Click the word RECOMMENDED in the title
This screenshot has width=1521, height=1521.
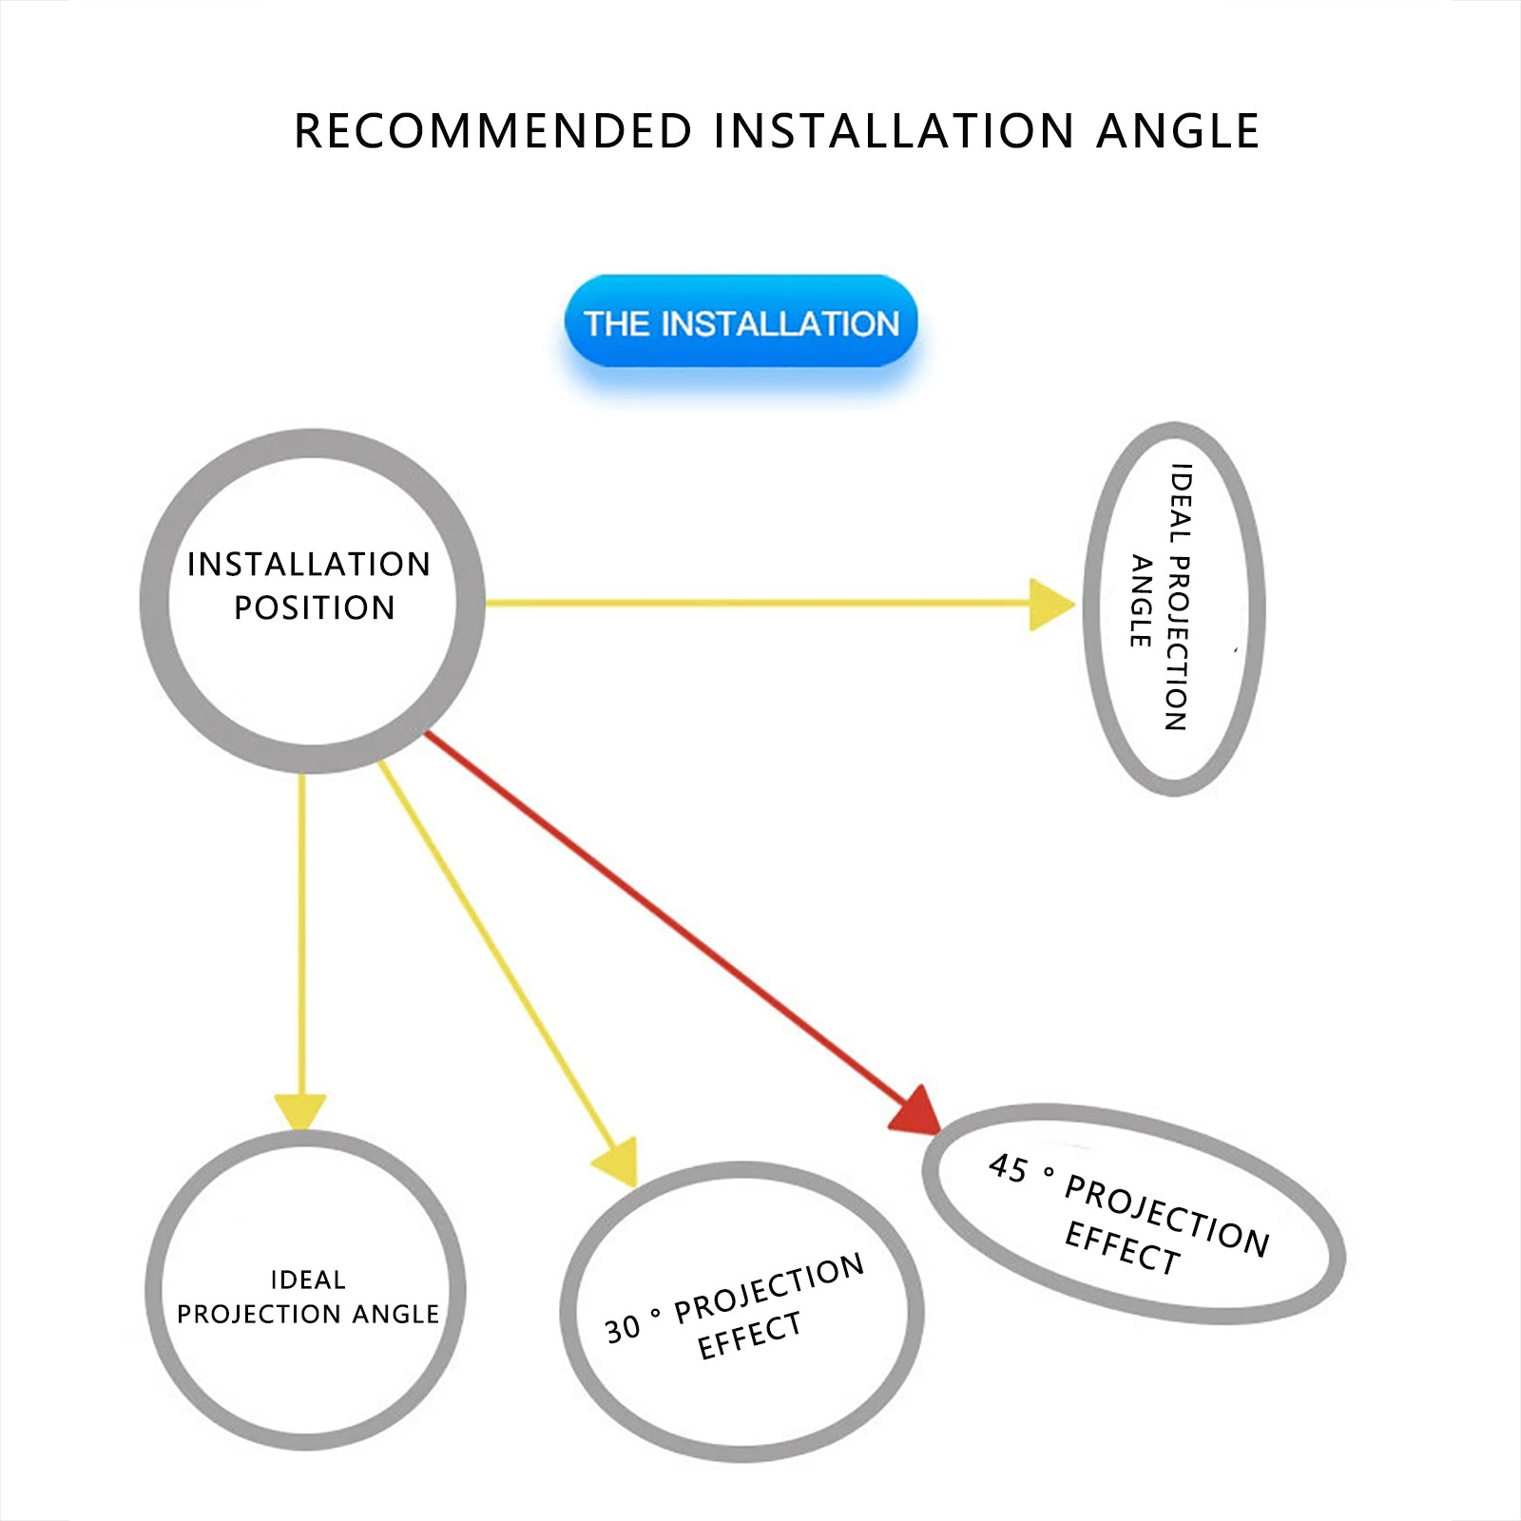493,131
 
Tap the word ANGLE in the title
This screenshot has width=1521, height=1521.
1178,131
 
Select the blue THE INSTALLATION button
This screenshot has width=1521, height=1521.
741,322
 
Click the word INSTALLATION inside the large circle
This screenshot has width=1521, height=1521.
309,565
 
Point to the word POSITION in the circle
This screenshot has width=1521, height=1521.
315,607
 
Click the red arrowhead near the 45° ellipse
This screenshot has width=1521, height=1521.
918,1110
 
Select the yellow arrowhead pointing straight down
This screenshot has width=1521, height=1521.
300,1110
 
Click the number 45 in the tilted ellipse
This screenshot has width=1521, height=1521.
1008,1168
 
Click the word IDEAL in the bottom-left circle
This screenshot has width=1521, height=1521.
308,1280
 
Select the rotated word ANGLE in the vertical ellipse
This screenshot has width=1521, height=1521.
1142,601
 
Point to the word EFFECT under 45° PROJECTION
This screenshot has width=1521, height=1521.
1122,1248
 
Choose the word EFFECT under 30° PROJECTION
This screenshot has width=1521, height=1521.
749,1336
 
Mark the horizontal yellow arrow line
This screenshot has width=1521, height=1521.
760,603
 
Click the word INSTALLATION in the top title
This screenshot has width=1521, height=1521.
894,131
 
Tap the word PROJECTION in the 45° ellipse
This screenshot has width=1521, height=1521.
1166,1214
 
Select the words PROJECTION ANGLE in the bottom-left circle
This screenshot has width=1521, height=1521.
308,1314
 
